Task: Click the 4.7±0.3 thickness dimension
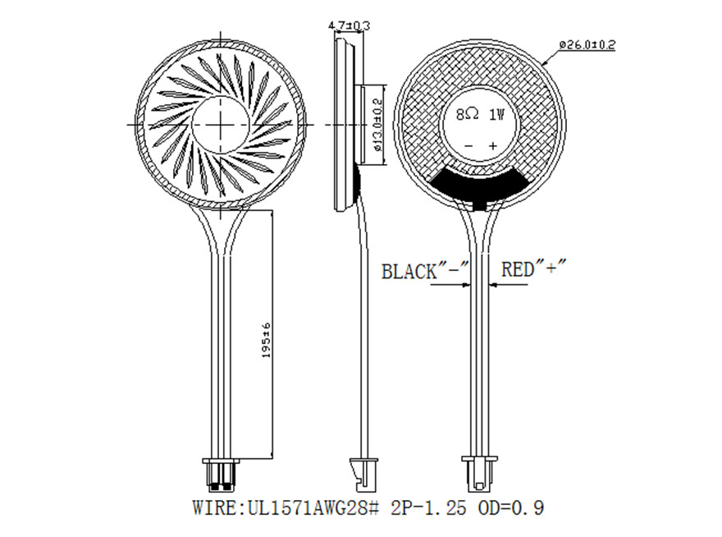tap(350, 25)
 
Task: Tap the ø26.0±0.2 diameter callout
tap(587, 44)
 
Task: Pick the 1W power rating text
tap(496, 116)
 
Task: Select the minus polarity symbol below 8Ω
tap(468, 146)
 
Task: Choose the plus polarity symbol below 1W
tap(493, 146)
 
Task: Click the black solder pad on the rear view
tap(480, 184)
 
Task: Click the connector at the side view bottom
tap(361, 472)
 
